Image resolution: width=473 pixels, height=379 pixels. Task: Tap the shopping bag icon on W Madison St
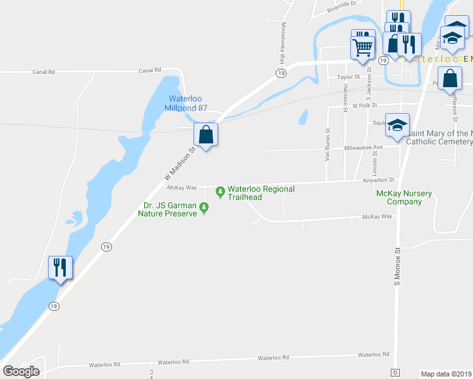[206, 135]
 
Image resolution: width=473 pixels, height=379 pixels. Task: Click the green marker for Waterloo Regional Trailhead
[220, 191]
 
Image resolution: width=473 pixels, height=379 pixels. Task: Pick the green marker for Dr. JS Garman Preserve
[204, 207]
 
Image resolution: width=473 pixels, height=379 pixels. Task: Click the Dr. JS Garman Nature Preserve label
[167, 209]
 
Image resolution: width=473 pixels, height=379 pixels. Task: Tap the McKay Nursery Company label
[399, 197]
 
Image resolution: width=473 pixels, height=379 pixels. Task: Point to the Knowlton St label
[379, 180]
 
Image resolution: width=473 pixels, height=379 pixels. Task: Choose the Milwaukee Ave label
[364, 147]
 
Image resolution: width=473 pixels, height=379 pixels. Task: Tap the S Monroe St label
[398, 266]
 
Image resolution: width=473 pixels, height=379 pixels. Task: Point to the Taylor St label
[348, 77]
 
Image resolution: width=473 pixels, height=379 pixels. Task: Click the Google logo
[21, 371]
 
